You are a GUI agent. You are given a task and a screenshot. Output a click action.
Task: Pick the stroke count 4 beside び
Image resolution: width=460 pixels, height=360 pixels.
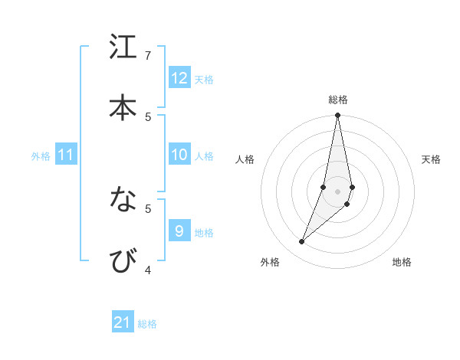(x=148, y=270)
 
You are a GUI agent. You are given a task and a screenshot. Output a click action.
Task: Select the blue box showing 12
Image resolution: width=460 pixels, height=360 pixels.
(x=179, y=78)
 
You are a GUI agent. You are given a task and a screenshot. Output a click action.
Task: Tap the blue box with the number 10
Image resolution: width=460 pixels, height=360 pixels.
(x=179, y=155)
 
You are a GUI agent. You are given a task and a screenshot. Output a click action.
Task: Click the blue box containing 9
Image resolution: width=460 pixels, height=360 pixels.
(x=179, y=231)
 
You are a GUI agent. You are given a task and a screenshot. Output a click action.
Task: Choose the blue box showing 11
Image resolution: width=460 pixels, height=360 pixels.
(x=66, y=155)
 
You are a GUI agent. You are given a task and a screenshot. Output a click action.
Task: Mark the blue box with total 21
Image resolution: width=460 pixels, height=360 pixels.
(x=123, y=322)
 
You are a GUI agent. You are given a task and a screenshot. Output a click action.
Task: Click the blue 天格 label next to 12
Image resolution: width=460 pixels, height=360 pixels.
(x=204, y=79)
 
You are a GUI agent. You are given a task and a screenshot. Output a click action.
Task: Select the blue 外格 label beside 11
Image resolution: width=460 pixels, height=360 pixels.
(x=41, y=155)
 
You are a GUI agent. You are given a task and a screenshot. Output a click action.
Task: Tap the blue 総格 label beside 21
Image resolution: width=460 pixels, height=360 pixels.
(x=147, y=323)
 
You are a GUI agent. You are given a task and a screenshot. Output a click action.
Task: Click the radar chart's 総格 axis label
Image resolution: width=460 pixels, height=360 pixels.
(x=338, y=100)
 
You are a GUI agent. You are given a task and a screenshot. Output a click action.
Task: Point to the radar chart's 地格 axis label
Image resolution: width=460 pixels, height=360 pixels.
(x=402, y=262)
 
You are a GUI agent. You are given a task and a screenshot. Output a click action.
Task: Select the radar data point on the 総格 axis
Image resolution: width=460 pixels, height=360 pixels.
(x=338, y=116)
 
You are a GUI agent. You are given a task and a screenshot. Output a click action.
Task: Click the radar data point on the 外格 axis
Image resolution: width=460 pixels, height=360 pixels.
(x=302, y=242)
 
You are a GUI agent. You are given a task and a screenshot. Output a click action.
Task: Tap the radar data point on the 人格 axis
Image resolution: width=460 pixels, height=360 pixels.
(x=324, y=187)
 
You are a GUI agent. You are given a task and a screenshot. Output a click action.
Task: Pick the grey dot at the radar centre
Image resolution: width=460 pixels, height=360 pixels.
(x=338, y=191)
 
